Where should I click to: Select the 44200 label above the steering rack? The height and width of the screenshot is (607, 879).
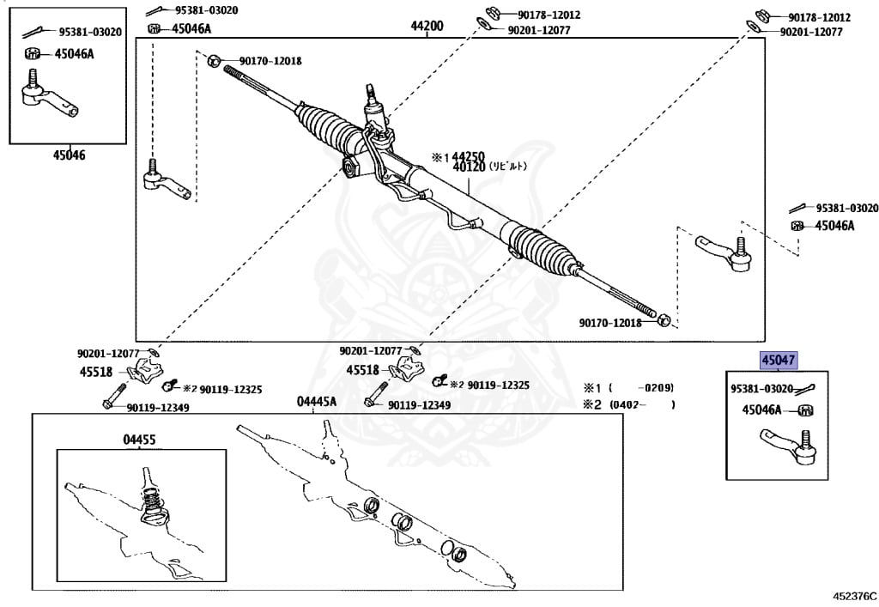pyautogui.click(x=427, y=27)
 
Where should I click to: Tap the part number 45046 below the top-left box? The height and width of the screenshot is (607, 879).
pyautogui.click(x=69, y=155)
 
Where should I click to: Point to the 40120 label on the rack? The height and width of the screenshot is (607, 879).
pyautogui.click(x=470, y=167)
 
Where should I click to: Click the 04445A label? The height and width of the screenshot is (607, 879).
pyautogui.click(x=317, y=401)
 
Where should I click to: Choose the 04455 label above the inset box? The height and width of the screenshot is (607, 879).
pyautogui.click(x=139, y=439)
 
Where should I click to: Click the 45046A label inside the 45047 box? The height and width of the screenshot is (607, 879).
pyautogui.click(x=761, y=410)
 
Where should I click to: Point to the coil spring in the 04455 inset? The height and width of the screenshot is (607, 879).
pyautogui.click(x=152, y=497)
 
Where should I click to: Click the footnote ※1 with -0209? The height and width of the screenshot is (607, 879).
pyautogui.click(x=628, y=387)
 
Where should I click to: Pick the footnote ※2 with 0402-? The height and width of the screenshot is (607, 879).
pyautogui.click(x=628, y=404)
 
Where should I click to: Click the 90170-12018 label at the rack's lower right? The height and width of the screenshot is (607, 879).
pyautogui.click(x=609, y=323)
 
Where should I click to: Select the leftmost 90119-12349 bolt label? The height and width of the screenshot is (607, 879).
pyautogui.click(x=157, y=408)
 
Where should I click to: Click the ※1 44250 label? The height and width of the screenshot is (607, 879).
pyautogui.click(x=458, y=157)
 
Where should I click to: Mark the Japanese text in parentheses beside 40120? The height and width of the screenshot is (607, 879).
pyautogui.click(x=508, y=167)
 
